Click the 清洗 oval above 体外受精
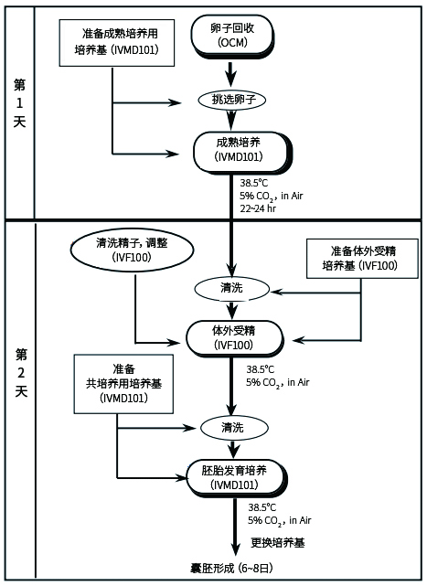point(231,289)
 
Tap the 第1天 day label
point(19,103)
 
